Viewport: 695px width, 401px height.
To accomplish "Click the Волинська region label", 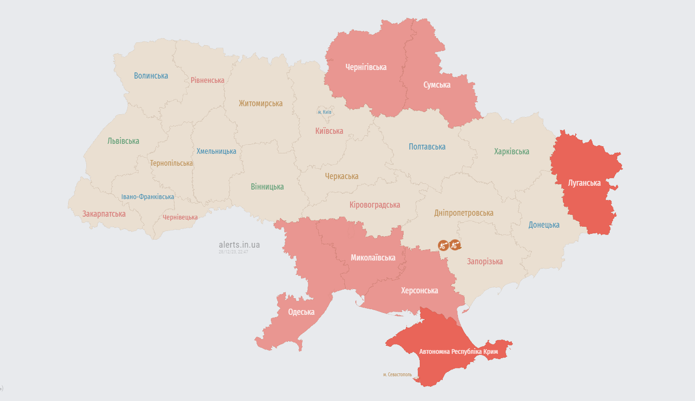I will pyautogui.click(x=151, y=76).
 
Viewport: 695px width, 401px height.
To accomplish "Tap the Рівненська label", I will pyautogui.click(x=207, y=80).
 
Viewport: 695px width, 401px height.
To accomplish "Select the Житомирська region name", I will pyautogui.click(x=260, y=103).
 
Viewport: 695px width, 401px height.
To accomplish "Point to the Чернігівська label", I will pyautogui.click(x=366, y=67).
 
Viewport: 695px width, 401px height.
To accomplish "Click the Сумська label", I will pyautogui.click(x=436, y=85).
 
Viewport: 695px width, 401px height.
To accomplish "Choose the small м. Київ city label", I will pyautogui.click(x=324, y=112).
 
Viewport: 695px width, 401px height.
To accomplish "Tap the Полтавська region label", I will pyautogui.click(x=427, y=147).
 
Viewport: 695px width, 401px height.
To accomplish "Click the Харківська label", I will pyautogui.click(x=511, y=151).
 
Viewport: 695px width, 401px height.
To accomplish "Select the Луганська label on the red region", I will pyautogui.click(x=584, y=183).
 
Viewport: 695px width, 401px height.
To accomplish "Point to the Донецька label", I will pyautogui.click(x=544, y=225).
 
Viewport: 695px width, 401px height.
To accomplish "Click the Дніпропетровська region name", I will pyautogui.click(x=464, y=213).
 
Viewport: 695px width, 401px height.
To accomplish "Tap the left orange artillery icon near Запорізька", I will pyautogui.click(x=443, y=245).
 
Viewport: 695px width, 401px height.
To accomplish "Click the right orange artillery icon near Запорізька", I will pyautogui.click(x=455, y=245).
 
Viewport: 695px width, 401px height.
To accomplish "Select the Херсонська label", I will pyautogui.click(x=419, y=291).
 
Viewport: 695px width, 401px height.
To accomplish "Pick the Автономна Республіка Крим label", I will pyautogui.click(x=458, y=351).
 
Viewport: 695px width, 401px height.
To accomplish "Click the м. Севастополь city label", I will pyautogui.click(x=397, y=375).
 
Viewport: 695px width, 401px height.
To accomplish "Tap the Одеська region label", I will pyautogui.click(x=301, y=312).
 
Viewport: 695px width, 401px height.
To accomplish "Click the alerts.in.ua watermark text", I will pyautogui.click(x=239, y=245).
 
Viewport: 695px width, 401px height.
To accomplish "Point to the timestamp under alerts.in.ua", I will pyautogui.click(x=233, y=252).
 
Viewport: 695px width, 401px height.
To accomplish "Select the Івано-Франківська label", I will pyautogui.click(x=147, y=197).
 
